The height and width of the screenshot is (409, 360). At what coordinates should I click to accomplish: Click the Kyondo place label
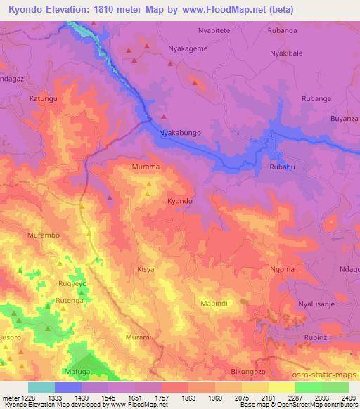pos(180,201)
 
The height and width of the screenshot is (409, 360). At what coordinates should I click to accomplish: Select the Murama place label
pos(146,167)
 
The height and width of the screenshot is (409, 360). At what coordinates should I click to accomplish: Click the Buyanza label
pos(345,119)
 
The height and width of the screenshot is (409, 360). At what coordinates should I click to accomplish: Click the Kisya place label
pos(146,269)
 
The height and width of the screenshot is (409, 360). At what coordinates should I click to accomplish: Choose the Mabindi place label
pos(214,303)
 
